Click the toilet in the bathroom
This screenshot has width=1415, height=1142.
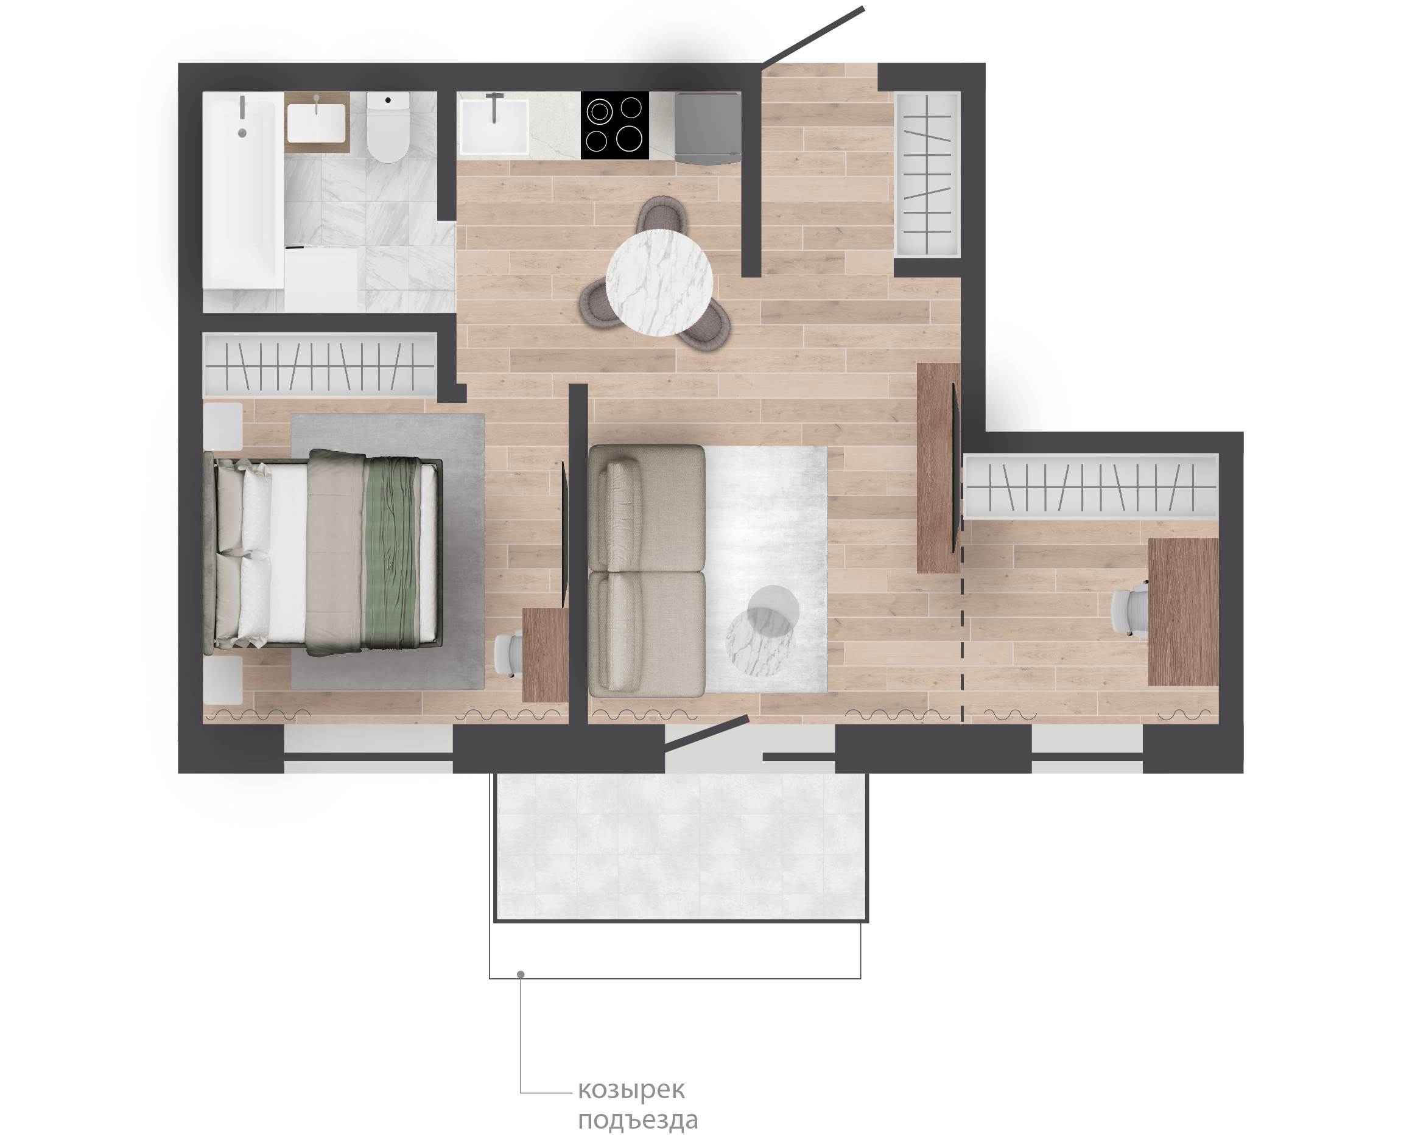pyautogui.click(x=388, y=126)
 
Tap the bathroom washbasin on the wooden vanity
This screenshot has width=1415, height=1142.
pyautogui.click(x=317, y=122)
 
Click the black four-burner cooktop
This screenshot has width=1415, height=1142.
pyautogui.click(x=614, y=125)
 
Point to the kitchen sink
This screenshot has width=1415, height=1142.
pyautogui.click(x=493, y=125)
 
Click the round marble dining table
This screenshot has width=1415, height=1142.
pyautogui.click(x=659, y=283)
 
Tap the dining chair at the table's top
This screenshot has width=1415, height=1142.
pyautogui.click(x=661, y=214)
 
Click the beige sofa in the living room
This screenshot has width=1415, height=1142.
pyautogui.click(x=647, y=570)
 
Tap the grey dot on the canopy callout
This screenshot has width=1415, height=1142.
pyautogui.click(x=521, y=974)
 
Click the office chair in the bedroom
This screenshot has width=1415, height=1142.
pyautogui.click(x=508, y=654)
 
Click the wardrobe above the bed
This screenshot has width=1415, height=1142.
pyautogui.click(x=320, y=365)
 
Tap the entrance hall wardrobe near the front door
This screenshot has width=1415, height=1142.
pyautogui.click(x=927, y=173)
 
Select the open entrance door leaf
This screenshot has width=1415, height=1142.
pyautogui.click(x=813, y=36)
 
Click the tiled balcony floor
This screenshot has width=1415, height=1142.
pyautogui.click(x=681, y=847)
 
